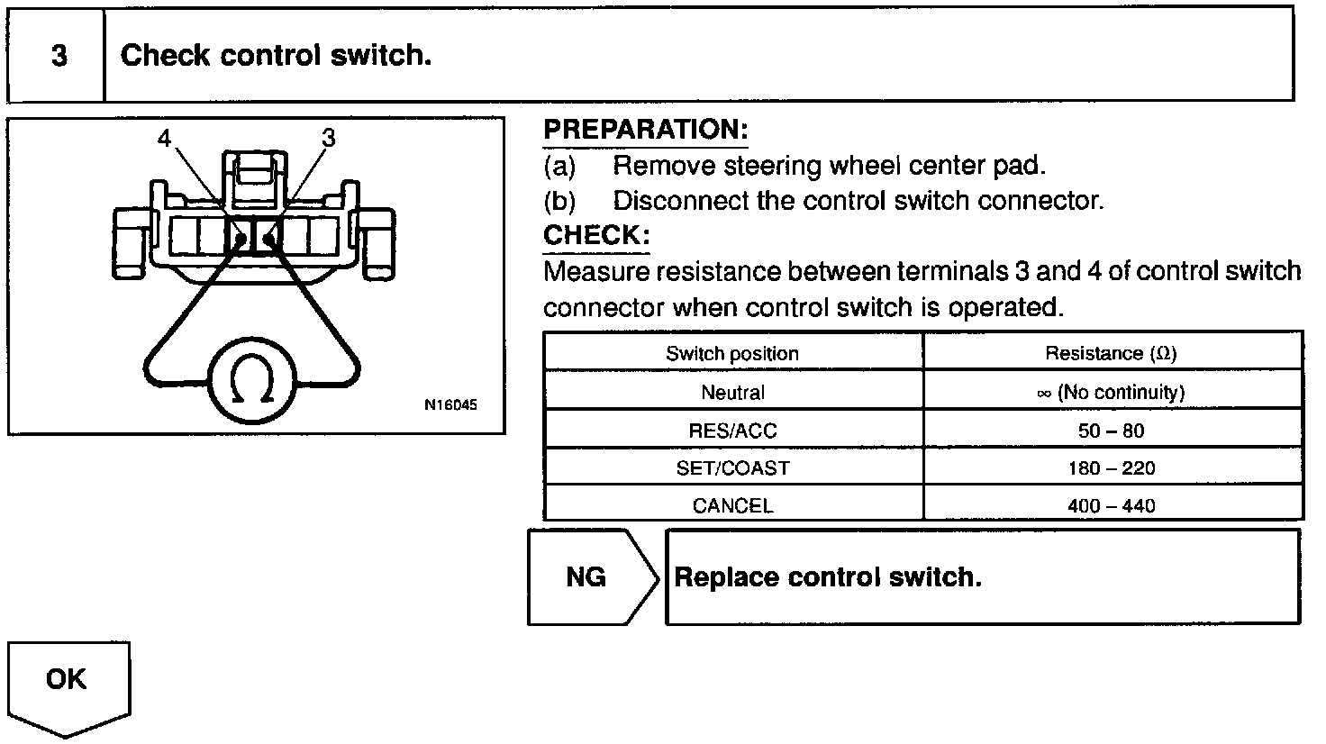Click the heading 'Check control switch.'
pos(276,56)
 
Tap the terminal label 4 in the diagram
pos(164,138)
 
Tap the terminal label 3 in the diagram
pos(328,138)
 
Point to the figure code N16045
pos(450,404)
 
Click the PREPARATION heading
pos(645,130)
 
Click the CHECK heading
pos(596,236)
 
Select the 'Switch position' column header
pos(732,353)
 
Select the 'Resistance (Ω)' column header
pos(1111,353)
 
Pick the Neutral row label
pos(732,393)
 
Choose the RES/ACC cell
pos(732,431)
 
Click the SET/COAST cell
pos(732,468)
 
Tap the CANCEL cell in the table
pos(732,505)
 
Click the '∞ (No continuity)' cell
pos(1111,393)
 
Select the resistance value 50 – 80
pos(1111,431)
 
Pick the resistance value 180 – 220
pos(1111,468)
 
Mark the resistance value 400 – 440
pos(1111,505)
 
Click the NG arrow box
pos(587,577)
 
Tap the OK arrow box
pos(68,681)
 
